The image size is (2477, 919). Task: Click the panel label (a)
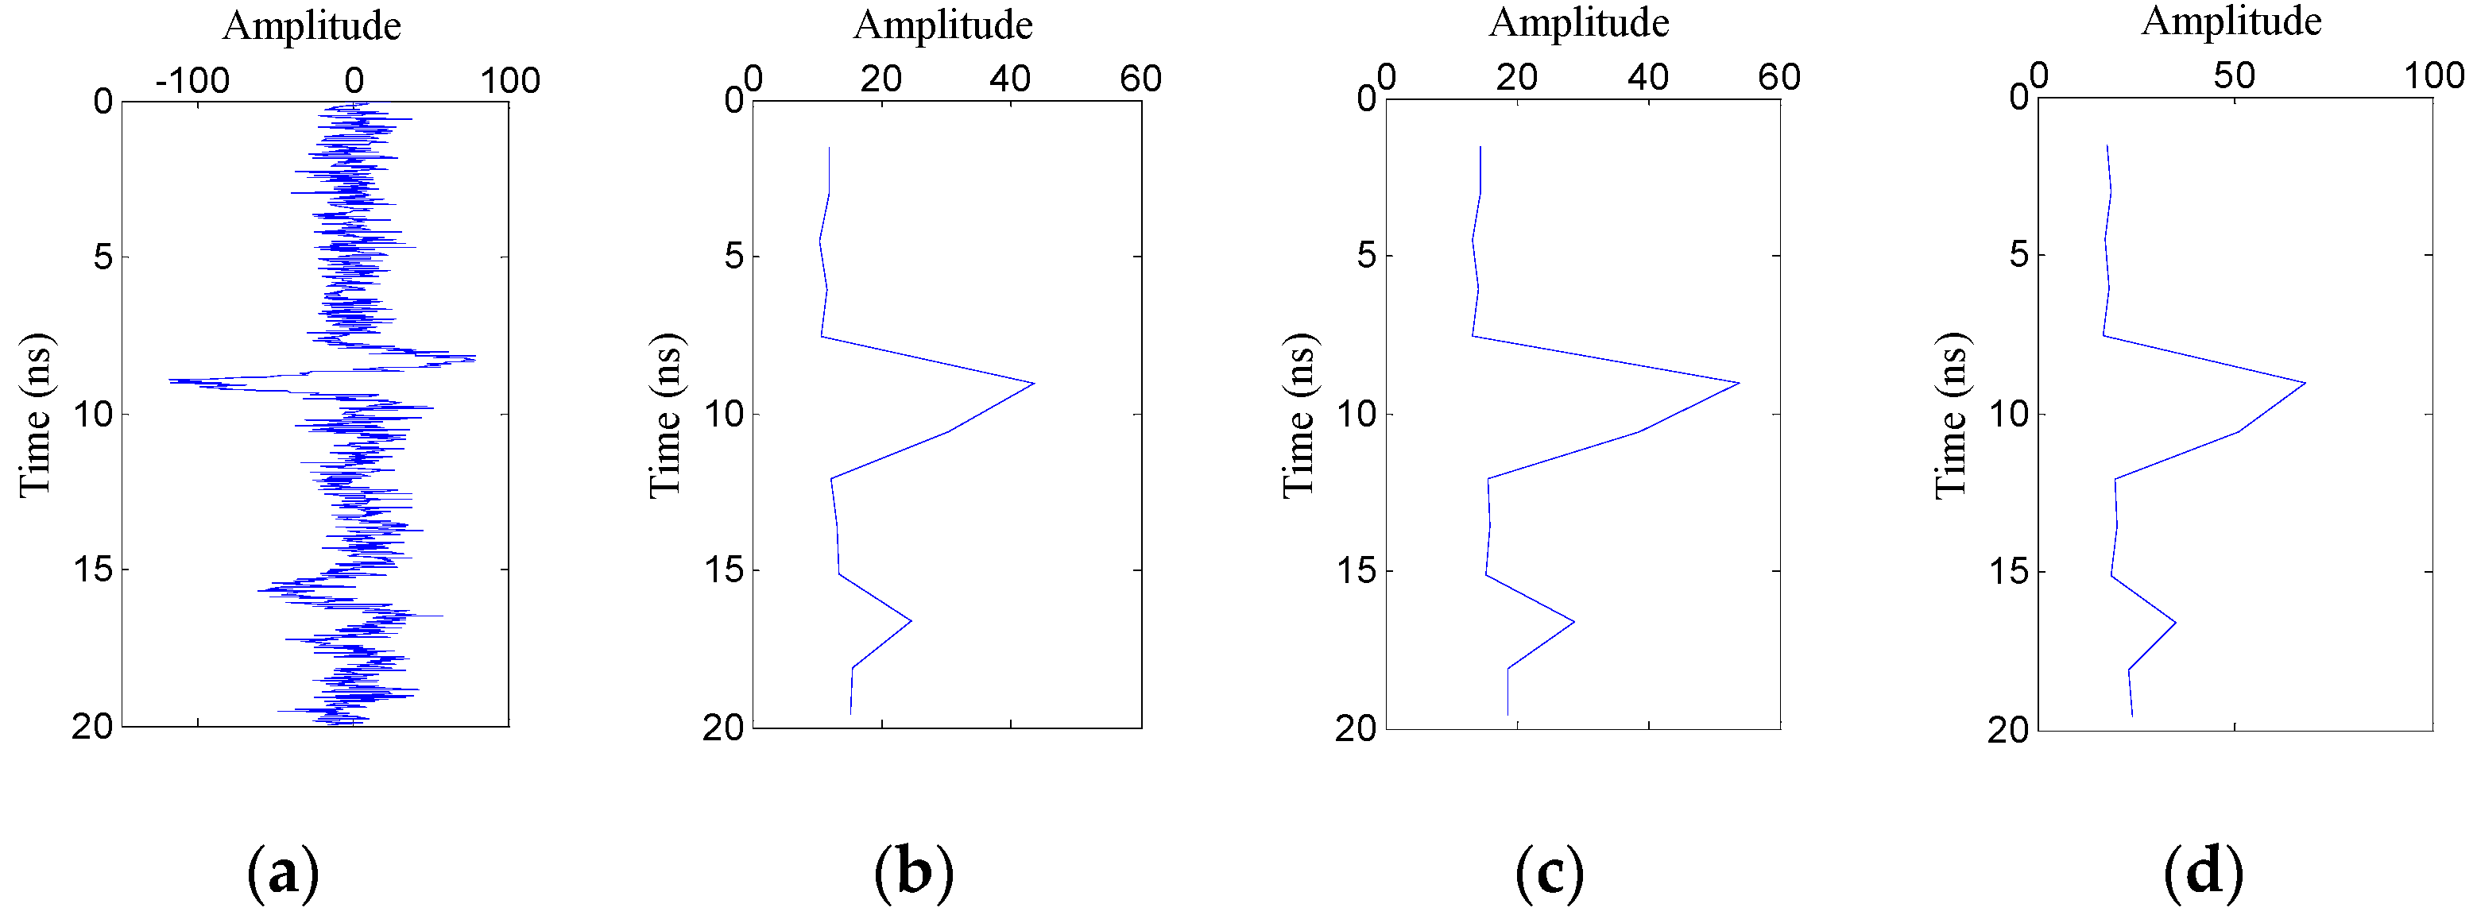click(x=283, y=873)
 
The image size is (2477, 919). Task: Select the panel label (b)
click(x=914, y=873)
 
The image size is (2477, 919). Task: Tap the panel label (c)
click(x=1548, y=873)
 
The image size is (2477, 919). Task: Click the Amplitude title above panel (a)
click(x=312, y=26)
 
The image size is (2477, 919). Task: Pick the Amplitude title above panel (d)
click(x=2231, y=21)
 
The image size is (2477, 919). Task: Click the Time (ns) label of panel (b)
click(x=664, y=415)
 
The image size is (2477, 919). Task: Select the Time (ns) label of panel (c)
click(x=1298, y=415)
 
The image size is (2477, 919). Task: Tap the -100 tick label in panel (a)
click(x=192, y=81)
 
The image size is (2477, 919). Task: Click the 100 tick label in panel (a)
click(x=511, y=81)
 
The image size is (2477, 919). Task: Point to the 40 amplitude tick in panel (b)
click(x=1010, y=79)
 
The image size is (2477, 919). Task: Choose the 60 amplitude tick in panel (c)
click(x=1779, y=77)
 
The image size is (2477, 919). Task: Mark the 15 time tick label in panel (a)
click(x=91, y=570)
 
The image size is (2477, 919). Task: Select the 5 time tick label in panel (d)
click(x=2019, y=256)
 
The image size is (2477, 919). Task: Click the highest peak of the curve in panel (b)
click(x=1034, y=384)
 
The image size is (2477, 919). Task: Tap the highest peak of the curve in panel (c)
click(x=1739, y=384)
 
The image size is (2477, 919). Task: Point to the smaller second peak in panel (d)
click(x=2174, y=623)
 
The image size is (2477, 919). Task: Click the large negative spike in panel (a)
click(x=171, y=380)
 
